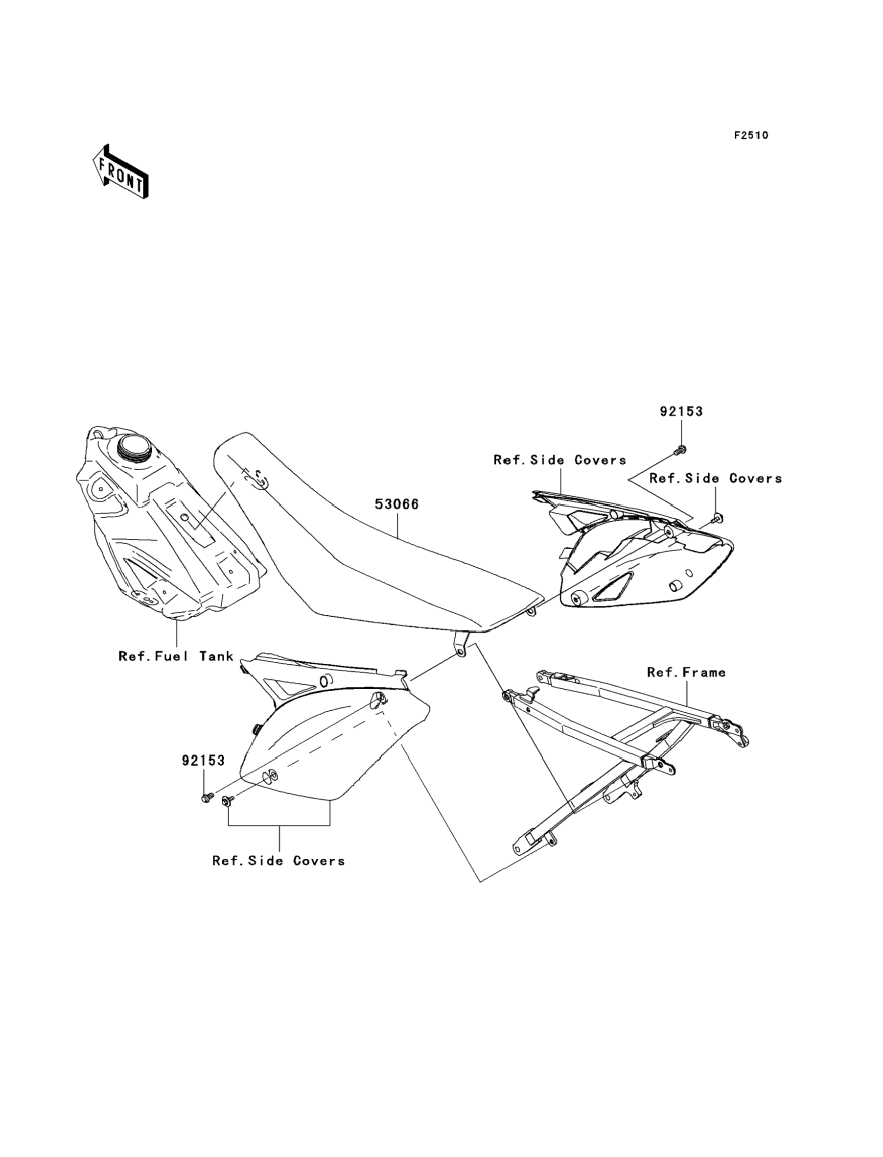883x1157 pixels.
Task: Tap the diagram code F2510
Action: [x=751, y=136]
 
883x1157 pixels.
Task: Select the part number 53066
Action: [x=396, y=505]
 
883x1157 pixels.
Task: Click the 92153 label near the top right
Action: [x=681, y=411]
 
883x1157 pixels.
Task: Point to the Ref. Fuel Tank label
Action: [x=176, y=656]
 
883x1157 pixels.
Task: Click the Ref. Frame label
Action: [x=686, y=672]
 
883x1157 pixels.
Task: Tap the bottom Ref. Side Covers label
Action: [x=279, y=861]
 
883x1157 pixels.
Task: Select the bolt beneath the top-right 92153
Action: [x=680, y=450]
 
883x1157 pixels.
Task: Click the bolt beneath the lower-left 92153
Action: [x=206, y=798]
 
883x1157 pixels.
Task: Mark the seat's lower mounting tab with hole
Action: [x=461, y=651]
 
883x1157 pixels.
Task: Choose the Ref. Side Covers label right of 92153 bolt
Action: [x=716, y=478]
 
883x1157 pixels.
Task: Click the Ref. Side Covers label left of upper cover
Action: [x=560, y=460]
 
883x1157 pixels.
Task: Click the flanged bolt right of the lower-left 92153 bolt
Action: [x=228, y=801]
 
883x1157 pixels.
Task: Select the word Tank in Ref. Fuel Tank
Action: [x=216, y=656]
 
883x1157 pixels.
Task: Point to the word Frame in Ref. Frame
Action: [x=704, y=672]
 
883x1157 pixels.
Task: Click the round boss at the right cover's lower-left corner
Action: [x=580, y=599]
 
